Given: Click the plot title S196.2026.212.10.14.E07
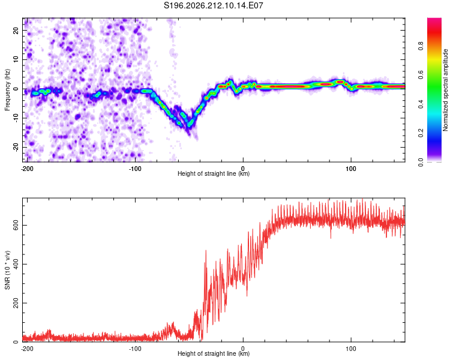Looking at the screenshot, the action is (x=213, y=5).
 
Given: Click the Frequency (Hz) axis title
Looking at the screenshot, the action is (x=7, y=89).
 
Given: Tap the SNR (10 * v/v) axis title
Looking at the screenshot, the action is (x=7, y=270).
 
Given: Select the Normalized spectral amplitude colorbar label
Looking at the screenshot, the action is (x=445, y=90).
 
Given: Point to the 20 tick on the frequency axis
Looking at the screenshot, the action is (x=16, y=30).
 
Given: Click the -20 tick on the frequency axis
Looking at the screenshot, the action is (x=16, y=147).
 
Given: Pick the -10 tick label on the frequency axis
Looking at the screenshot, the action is (x=16, y=118).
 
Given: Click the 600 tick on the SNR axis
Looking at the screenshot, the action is (x=16, y=226).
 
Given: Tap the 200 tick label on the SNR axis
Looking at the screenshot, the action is (x=16, y=303).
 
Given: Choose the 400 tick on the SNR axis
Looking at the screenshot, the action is (x=16, y=264).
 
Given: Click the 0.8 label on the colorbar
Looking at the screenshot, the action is (x=421, y=46).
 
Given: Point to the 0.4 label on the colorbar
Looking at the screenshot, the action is (x=421, y=104).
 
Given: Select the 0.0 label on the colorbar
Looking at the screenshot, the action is (x=421, y=163).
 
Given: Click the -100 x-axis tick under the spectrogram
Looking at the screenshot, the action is (x=135, y=169).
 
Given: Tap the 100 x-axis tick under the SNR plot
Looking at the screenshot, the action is (x=351, y=349).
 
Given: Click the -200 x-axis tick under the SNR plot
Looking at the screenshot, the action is (x=27, y=349).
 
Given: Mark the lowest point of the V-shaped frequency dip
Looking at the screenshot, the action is (x=189, y=127).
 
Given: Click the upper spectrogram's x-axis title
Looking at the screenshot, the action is (x=214, y=173).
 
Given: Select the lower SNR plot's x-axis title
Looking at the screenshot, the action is (x=214, y=353).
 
